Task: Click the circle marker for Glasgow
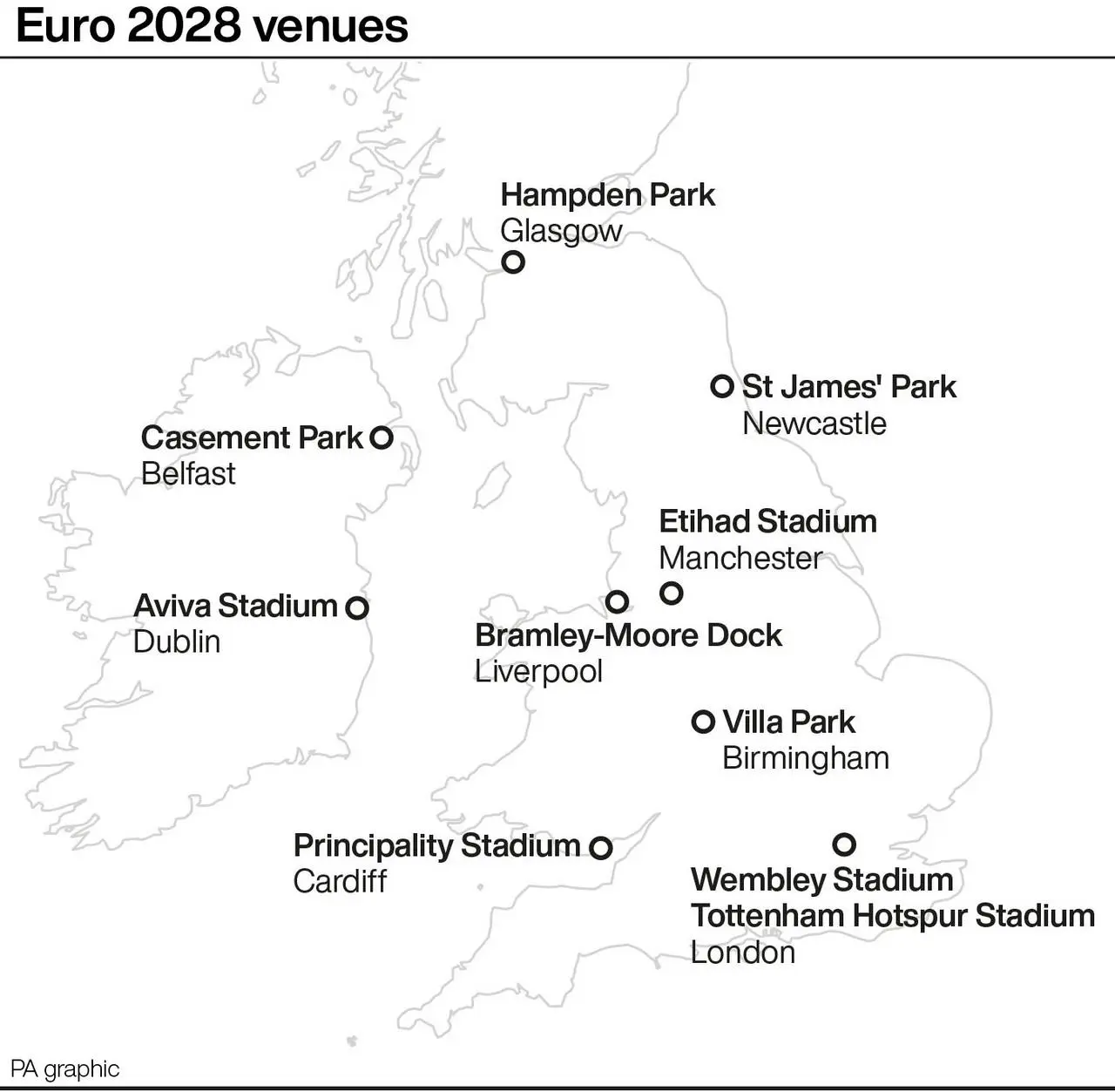coord(513,261)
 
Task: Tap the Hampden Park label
coord(607,195)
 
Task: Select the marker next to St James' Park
coord(722,386)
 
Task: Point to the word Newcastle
coord(814,424)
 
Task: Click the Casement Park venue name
coord(252,437)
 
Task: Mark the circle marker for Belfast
coord(382,437)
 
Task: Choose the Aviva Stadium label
coord(235,606)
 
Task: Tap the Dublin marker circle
coord(357,607)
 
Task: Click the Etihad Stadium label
coord(767,521)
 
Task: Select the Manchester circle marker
coord(671,593)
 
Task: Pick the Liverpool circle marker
coord(617,601)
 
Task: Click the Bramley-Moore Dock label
coord(628,635)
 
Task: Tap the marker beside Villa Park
coord(703,722)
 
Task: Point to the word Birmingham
coord(806,758)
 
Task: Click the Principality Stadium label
coord(436,845)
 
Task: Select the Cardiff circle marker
coord(600,847)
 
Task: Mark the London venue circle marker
coord(844,844)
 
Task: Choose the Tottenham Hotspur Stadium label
coord(892,916)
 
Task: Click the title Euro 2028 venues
coord(212,26)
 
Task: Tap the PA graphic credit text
coord(65,1068)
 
